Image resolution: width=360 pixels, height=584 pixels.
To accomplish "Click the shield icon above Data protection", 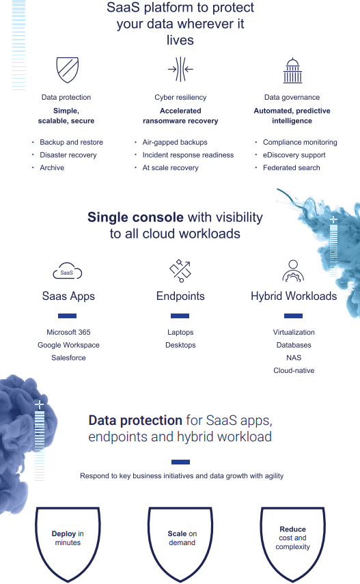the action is (x=67, y=70).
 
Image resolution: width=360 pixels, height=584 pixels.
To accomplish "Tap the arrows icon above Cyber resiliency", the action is (x=180, y=69).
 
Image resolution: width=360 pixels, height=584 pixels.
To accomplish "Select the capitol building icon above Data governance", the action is (x=292, y=70).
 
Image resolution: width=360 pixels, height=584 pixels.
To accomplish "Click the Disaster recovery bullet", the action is (x=68, y=155).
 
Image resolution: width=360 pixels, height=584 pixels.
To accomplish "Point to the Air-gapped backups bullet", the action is (x=175, y=142).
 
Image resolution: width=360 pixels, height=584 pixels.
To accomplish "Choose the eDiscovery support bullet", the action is (x=294, y=155).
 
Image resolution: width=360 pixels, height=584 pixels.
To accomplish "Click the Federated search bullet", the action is (x=292, y=167).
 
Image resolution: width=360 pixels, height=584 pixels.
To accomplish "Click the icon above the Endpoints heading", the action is (x=180, y=270).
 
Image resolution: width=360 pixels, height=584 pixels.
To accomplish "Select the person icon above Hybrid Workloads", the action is (x=293, y=270).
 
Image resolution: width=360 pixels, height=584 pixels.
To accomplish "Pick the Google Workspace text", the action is (x=68, y=345).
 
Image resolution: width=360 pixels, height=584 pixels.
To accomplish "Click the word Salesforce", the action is (x=68, y=357).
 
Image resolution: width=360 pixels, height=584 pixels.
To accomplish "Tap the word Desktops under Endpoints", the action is (x=180, y=345).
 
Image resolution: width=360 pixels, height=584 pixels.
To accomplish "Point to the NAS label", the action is (x=294, y=357).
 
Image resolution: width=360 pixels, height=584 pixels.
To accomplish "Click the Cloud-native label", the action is (x=294, y=370).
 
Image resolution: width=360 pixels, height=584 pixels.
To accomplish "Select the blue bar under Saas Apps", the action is (x=68, y=316).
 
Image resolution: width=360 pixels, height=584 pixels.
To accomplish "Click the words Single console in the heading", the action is (x=135, y=217).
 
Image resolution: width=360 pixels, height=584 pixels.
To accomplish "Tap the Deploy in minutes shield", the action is (x=68, y=544).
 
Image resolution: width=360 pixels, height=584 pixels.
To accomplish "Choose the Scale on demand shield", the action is (x=180, y=544).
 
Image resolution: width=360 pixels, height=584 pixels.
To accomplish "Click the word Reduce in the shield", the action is (x=292, y=529).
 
